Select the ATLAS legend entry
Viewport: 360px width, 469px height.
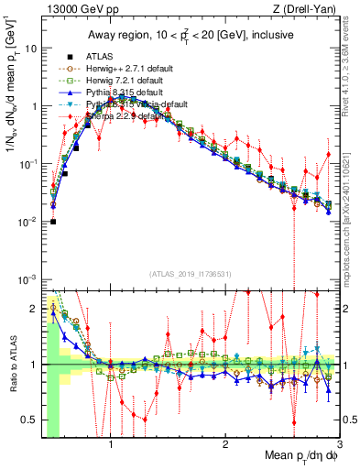pos(97,57)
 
